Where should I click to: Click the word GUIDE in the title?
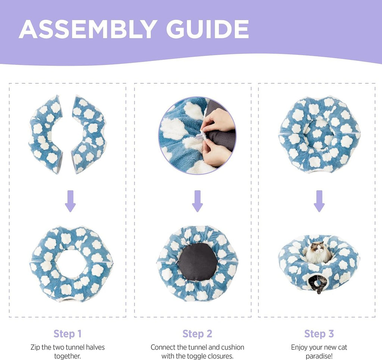[207, 29]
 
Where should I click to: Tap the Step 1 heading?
[68, 333]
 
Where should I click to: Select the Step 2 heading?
[197, 333]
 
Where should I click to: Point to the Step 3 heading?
[319, 333]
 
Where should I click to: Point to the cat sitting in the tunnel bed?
[318, 252]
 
